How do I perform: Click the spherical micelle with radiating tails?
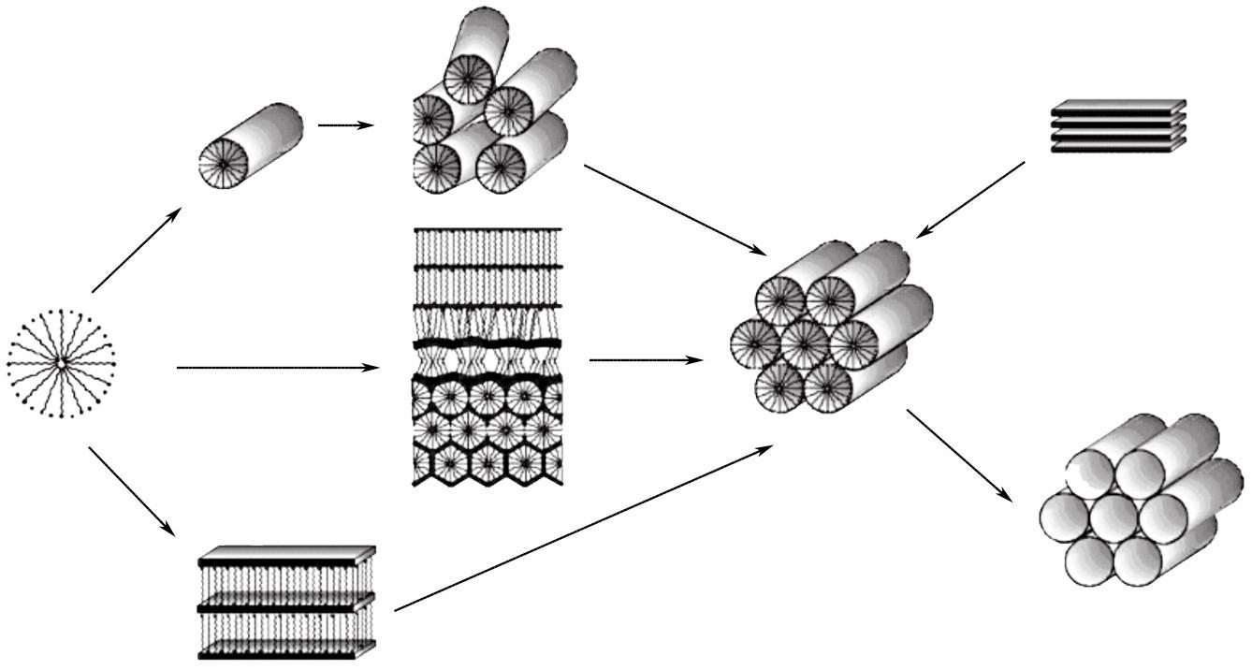[60, 363]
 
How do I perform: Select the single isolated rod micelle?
[250, 145]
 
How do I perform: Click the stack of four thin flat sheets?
[1118, 125]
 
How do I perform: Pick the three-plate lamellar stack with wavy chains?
[287, 602]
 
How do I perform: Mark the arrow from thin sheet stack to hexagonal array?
[970, 199]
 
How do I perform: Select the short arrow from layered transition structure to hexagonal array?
[646, 358]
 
